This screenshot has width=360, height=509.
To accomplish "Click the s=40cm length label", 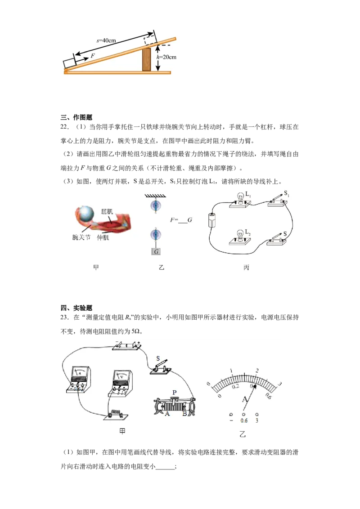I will coord(107,40).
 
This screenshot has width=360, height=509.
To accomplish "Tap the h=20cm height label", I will coord(166,57).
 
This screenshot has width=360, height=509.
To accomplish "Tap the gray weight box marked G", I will coord(156,252).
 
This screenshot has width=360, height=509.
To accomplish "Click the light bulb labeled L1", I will coord(240,198).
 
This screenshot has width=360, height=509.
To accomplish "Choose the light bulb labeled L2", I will coord(240,235).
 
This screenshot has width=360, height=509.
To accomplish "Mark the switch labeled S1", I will coord(277,200).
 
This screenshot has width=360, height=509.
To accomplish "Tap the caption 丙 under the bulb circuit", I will coord(246,268).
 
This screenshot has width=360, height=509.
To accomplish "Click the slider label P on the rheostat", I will coord(174,392).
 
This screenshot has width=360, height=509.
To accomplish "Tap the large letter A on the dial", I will coord(245,399).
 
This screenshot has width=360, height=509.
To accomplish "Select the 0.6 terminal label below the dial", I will coord(244,421).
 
